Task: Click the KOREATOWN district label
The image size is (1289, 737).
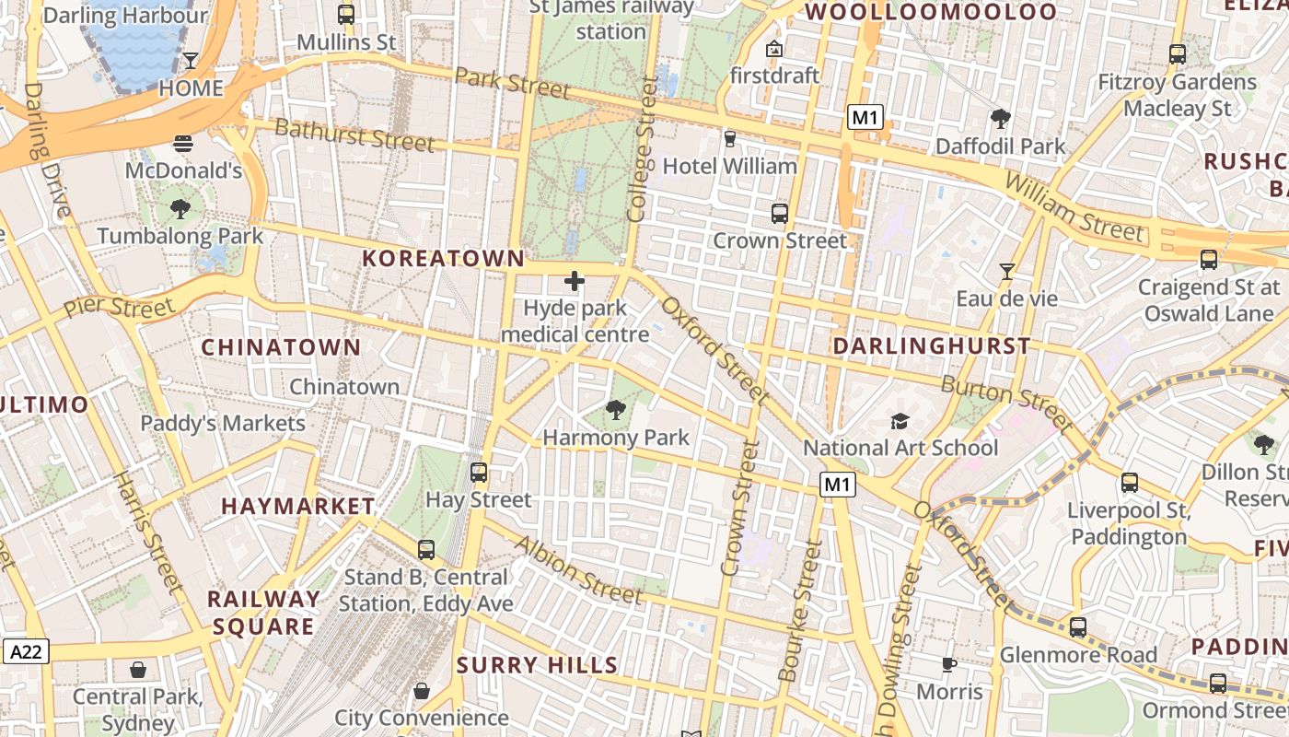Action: click(x=443, y=259)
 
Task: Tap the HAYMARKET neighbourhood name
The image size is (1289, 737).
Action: click(x=298, y=506)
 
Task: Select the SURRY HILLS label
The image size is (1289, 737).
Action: click(x=537, y=665)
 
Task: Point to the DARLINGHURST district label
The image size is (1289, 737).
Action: click(x=931, y=346)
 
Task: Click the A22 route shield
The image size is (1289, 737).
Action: click(x=25, y=651)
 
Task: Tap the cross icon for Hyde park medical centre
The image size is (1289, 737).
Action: click(x=575, y=281)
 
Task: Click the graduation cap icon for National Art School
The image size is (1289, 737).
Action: click(x=900, y=421)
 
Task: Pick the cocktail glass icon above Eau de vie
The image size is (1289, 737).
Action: click(x=1006, y=272)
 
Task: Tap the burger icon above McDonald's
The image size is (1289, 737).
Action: click(x=183, y=144)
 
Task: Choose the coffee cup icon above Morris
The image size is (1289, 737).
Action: click(x=949, y=664)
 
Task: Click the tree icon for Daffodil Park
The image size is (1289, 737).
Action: click(x=1000, y=119)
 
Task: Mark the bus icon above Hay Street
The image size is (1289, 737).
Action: click(x=479, y=473)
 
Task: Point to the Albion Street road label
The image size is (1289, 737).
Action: click(x=577, y=570)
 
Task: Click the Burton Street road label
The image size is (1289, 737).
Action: click(x=1007, y=404)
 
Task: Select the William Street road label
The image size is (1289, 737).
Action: click(x=1074, y=207)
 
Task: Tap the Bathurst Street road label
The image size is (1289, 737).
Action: click(x=354, y=135)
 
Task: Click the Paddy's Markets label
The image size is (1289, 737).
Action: click(x=222, y=423)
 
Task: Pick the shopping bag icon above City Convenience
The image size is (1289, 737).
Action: click(x=422, y=690)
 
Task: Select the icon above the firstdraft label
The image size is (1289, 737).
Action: click(x=773, y=48)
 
